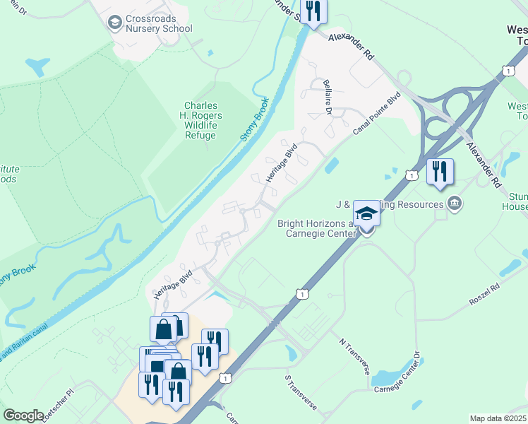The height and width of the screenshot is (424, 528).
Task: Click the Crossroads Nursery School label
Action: coord(159,23)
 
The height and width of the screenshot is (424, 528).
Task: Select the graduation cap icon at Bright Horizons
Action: coord(367,214)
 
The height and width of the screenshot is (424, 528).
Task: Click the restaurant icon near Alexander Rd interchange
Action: coord(440,171)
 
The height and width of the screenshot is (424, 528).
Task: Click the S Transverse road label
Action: coord(301,387)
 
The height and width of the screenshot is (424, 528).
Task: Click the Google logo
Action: coord(23,416)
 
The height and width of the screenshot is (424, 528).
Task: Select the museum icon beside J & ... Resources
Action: coord(455,204)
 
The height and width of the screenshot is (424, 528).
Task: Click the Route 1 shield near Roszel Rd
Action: coord(302,293)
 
